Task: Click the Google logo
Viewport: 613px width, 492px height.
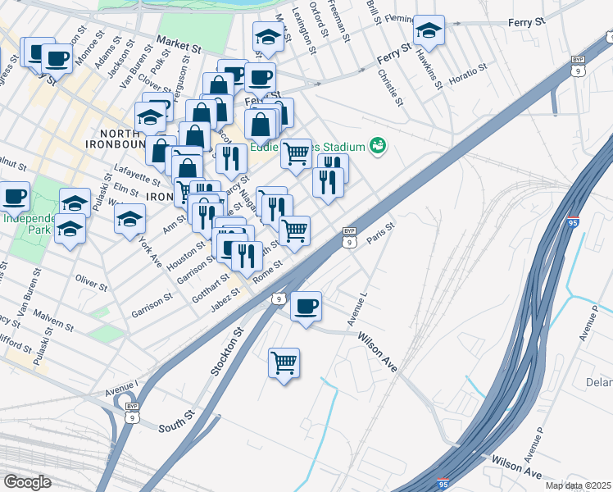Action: [x=27, y=482]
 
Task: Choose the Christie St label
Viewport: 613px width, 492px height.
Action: [x=390, y=88]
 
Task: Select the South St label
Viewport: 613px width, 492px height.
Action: [x=174, y=426]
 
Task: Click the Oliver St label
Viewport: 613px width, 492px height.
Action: [x=91, y=284]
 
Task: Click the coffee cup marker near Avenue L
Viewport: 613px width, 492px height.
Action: [x=306, y=307]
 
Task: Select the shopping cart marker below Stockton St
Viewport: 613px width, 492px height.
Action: [x=284, y=362]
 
